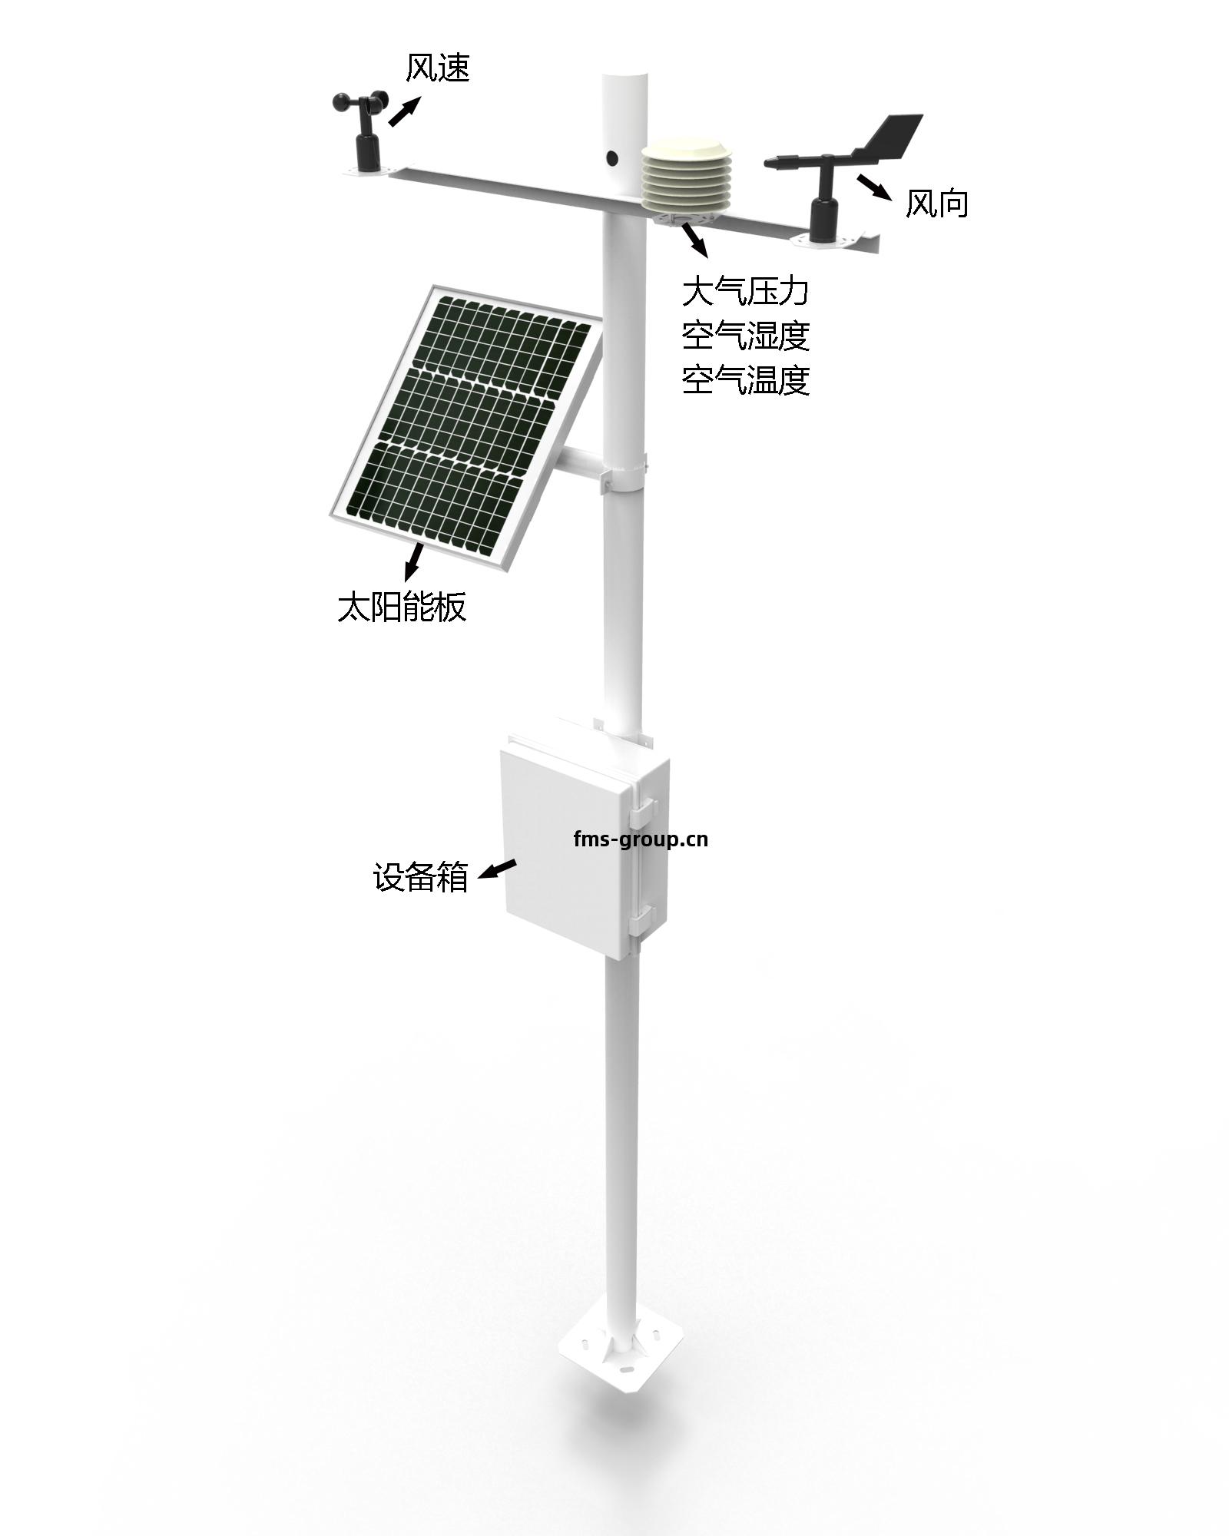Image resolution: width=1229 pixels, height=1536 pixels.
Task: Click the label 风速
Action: point(437,68)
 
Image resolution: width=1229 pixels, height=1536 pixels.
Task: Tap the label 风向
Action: point(936,204)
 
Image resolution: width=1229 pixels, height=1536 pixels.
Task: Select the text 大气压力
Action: point(746,292)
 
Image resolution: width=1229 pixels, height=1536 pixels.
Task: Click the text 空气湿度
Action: point(746,336)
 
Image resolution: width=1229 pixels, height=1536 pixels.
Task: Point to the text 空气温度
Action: point(746,379)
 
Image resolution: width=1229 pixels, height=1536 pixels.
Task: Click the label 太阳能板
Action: point(402,607)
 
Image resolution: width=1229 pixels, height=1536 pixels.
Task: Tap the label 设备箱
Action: point(421,877)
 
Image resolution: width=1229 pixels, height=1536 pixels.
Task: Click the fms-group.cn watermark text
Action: point(641,839)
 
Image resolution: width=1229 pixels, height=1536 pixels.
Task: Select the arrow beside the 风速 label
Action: point(405,111)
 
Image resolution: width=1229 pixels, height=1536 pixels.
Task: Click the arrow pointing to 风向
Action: point(874,187)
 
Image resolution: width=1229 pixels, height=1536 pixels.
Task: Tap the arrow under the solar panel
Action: point(413,561)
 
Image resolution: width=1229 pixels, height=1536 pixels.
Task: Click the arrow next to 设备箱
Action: point(497,869)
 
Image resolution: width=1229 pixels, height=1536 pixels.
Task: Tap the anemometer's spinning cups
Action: point(359,103)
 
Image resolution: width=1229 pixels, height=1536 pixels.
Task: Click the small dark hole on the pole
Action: point(612,158)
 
